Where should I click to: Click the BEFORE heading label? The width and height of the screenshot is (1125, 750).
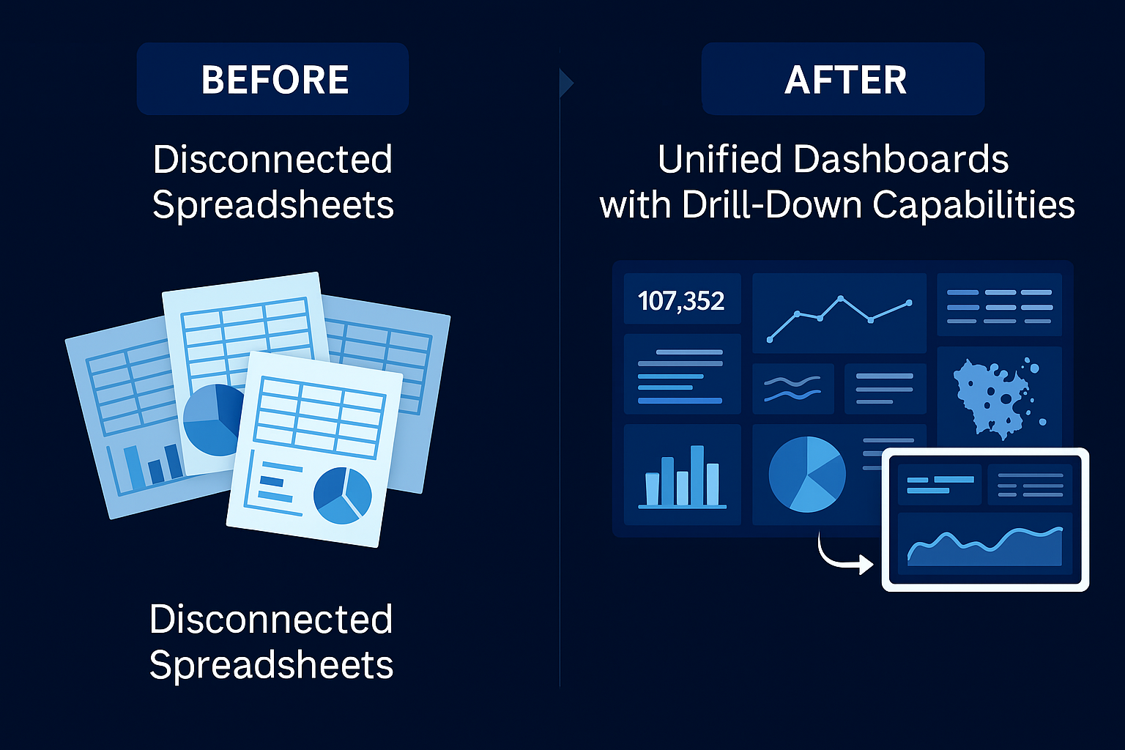[275, 80]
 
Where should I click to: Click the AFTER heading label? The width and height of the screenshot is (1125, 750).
[845, 80]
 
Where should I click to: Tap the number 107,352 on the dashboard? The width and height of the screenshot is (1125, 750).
[681, 301]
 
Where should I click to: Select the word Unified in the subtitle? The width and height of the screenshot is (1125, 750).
[719, 159]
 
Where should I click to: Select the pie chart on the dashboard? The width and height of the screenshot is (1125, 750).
[806, 474]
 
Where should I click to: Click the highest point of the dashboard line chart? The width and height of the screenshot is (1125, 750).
[841, 298]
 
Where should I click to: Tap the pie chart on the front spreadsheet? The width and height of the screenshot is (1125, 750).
[342, 495]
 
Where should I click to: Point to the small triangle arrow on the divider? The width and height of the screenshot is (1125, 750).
[565, 83]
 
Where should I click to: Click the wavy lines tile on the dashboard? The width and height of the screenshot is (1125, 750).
[792, 389]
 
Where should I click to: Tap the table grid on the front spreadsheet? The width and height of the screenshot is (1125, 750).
[319, 415]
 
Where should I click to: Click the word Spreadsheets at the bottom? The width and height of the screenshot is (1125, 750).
[271, 665]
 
